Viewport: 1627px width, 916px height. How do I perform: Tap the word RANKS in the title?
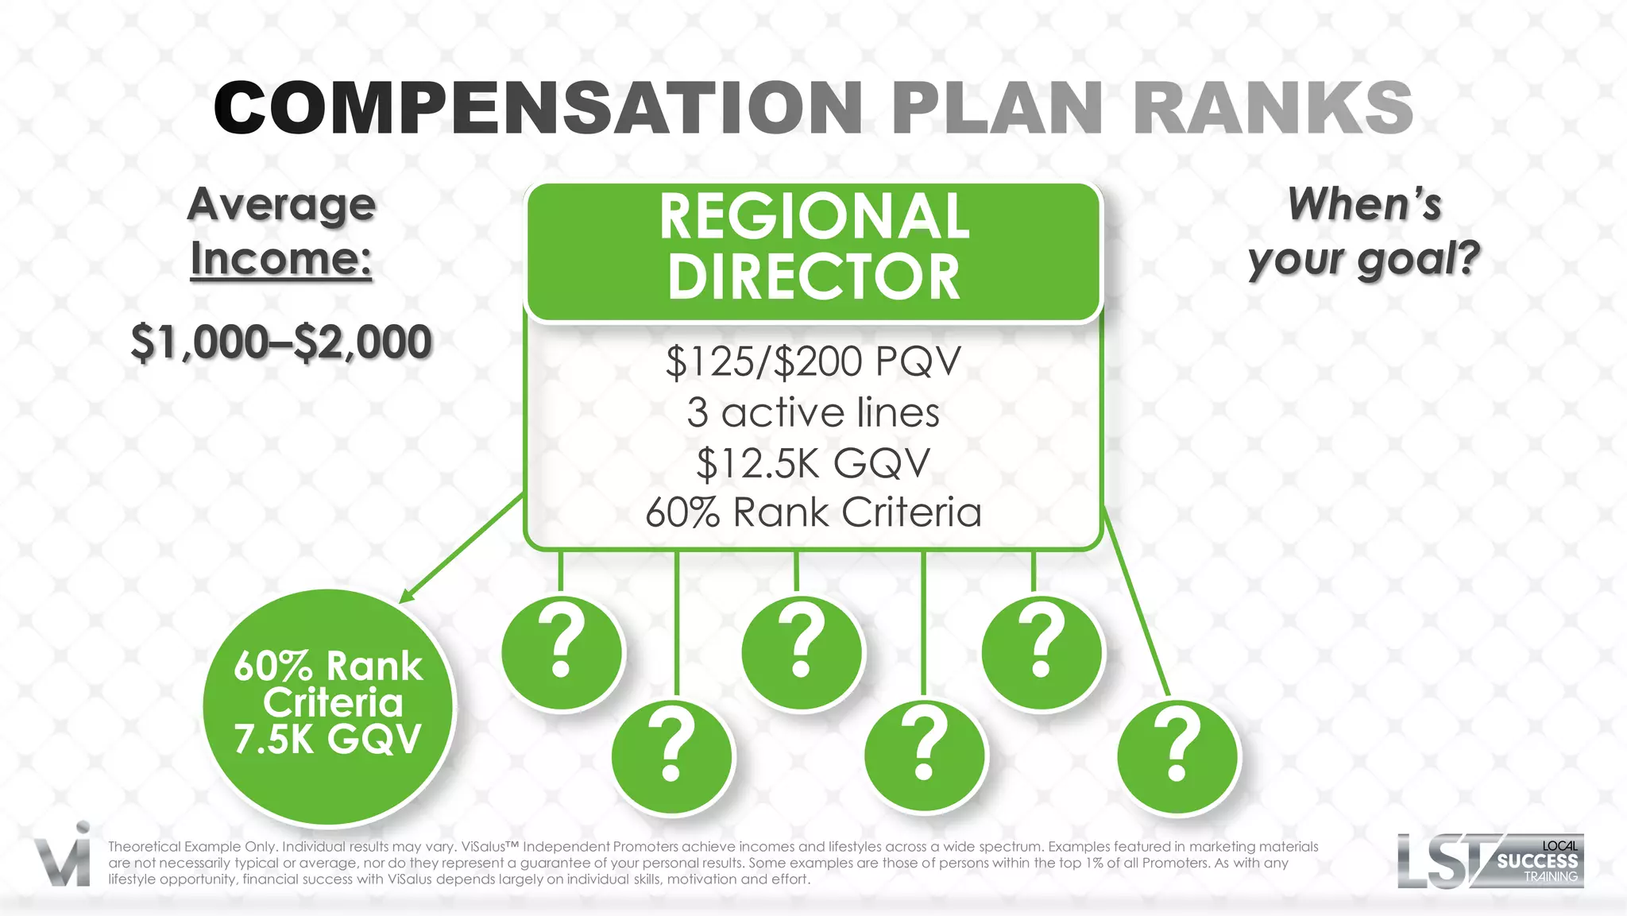pyautogui.click(x=1273, y=108)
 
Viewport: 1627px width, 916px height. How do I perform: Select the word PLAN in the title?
pyautogui.click(x=997, y=108)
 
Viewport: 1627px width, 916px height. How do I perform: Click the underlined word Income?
pyautogui.click(x=281, y=259)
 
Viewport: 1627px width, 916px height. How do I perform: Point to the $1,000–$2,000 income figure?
pyautogui.click(x=281, y=342)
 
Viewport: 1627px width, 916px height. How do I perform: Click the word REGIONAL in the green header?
pyautogui.click(x=813, y=217)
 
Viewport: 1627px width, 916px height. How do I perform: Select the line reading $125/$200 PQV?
pyautogui.click(x=813, y=361)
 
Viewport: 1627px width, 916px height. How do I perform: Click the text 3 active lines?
pyautogui.click(x=813, y=412)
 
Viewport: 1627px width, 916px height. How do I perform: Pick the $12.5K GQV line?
pyautogui.click(x=813, y=463)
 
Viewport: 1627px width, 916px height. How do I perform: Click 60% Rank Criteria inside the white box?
pyautogui.click(x=813, y=512)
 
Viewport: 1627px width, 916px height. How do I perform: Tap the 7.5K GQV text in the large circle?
pyautogui.click(x=327, y=739)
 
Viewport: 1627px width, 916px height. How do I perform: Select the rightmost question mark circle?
pyautogui.click(x=1177, y=756)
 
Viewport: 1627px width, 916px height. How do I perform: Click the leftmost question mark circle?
pyautogui.click(x=562, y=651)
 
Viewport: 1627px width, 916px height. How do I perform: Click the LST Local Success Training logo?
pyautogui.click(x=1490, y=860)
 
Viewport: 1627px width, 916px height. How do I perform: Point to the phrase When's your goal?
pyautogui.click(x=1364, y=232)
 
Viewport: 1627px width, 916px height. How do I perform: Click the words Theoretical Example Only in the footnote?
pyautogui.click(x=191, y=847)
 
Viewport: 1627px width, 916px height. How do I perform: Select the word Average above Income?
pyautogui.click(x=281, y=205)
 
